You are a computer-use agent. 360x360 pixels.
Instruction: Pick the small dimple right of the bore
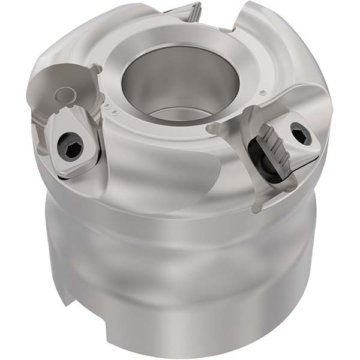coord(262,93)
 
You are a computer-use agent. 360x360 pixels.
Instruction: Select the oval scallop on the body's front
coord(174,180)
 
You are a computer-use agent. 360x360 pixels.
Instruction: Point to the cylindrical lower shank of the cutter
coord(180,282)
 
